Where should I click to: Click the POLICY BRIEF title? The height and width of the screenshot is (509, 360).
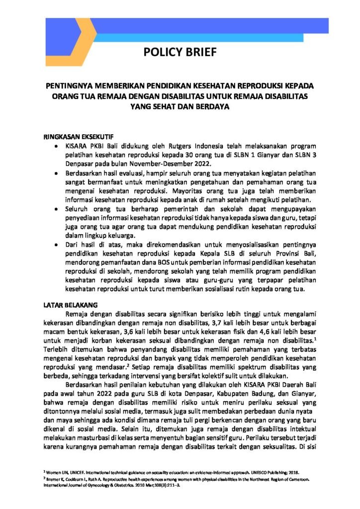coord(180,53)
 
